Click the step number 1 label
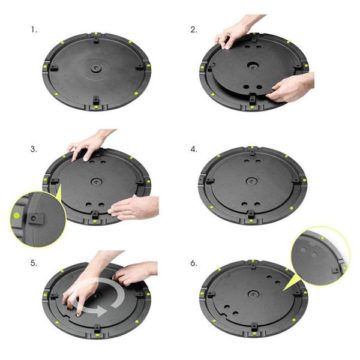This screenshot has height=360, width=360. [34, 30]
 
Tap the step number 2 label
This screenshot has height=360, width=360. [194, 30]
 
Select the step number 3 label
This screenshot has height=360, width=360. [34, 149]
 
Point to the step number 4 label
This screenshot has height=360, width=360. [194, 149]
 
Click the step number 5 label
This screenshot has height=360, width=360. [34, 263]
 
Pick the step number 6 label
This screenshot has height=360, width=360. [194, 263]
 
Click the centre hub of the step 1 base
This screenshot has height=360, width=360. [95, 68]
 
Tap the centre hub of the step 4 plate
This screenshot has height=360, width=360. [251, 181]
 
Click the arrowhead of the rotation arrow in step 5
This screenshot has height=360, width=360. [101, 310]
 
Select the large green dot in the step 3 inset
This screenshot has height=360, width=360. [17, 215]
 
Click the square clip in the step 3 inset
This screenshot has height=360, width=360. [35, 218]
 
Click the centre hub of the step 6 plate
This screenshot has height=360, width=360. [253, 294]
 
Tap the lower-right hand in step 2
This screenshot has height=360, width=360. [291, 88]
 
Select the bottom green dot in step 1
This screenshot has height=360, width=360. [96, 107]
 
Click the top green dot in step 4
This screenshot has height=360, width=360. [252, 147]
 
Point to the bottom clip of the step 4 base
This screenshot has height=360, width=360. [251, 214]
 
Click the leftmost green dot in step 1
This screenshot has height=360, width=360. [45, 67]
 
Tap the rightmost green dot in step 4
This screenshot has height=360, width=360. [304, 181]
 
